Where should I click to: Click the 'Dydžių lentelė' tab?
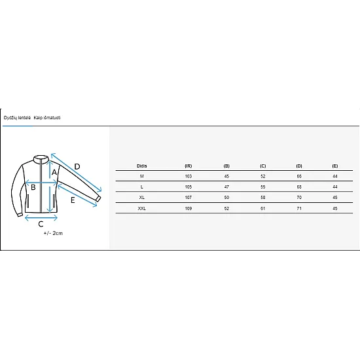(17, 118)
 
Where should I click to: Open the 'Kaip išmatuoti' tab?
(47, 118)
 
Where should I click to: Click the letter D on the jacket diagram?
(77, 167)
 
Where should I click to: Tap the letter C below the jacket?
(41, 224)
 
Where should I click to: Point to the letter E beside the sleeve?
(73, 200)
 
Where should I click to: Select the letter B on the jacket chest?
(33, 187)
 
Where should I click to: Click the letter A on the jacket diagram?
(54, 172)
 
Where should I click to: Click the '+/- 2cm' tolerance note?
(53, 233)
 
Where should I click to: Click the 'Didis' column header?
(141, 166)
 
